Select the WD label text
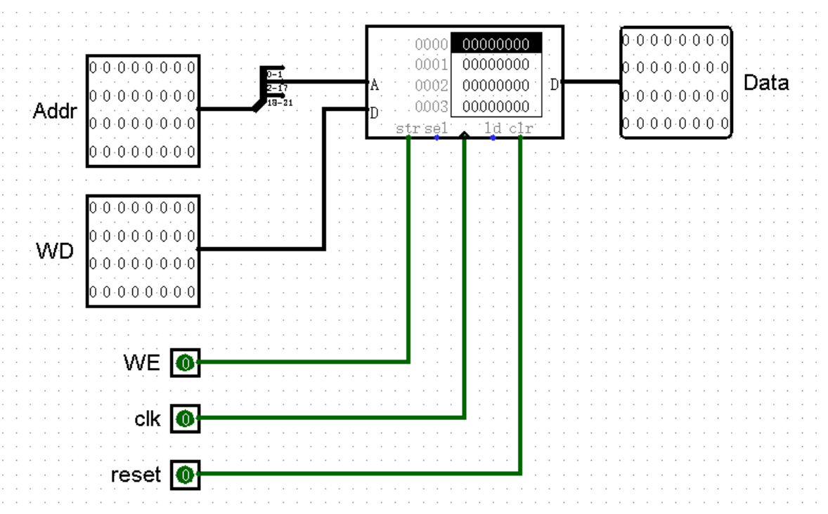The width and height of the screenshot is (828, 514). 55,251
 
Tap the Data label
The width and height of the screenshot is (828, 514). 766,83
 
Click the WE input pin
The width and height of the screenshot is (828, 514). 185,363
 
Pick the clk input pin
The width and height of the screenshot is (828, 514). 185,419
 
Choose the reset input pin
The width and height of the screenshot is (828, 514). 185,475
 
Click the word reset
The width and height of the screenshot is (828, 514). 136,475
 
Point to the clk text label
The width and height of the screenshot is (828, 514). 148,419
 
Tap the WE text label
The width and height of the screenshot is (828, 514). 142,363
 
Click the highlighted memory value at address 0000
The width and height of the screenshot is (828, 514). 496,44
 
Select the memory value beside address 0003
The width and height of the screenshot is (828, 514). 496,107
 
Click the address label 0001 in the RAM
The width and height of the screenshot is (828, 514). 432,65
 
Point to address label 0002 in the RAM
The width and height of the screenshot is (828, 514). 432,86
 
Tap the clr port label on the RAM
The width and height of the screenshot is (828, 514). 521,128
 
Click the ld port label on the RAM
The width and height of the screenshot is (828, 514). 492,128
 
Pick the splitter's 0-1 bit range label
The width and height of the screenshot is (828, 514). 275,74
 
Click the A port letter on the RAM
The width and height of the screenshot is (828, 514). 374,86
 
